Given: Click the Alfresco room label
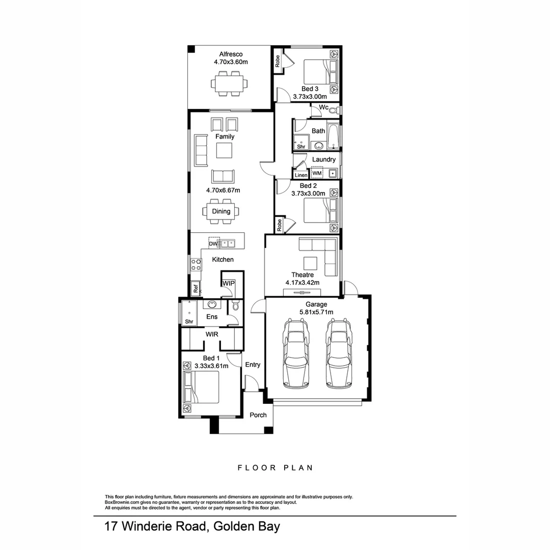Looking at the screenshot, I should point(231,54).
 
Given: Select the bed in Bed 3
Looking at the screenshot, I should point(320,72).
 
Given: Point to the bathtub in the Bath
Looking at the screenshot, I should point(333,136).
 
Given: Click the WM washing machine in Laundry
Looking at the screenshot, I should point(317,173).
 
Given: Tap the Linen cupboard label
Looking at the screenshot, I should point(301,175).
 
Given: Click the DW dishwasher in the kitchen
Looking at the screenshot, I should point(213,244).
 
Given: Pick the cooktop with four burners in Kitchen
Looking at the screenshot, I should point(196,264).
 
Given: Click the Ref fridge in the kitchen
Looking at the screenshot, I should point(196,289).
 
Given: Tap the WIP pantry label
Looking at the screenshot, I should point(228,284).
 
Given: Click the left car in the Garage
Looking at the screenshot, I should point(296,353).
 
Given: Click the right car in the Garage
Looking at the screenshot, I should point(339,353).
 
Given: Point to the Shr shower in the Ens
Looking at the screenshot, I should point(189,313).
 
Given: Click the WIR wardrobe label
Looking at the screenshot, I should point(212,334).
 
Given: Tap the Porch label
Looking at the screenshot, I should point(258,415).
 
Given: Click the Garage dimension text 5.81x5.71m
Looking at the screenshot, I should point(316,312).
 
